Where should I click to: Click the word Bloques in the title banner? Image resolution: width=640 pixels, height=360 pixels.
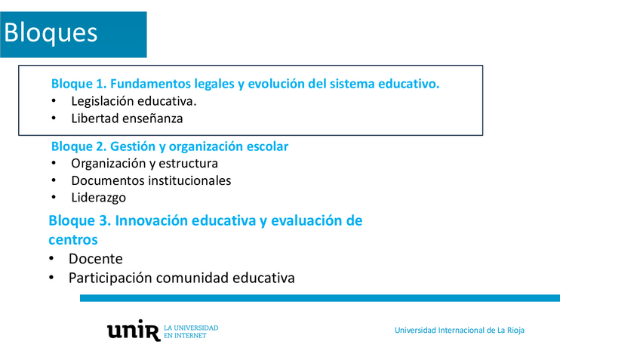pyautogui.click(x=51, y=32)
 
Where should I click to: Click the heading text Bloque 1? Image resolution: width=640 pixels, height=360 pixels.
pyautogui.click(x=78, y=84)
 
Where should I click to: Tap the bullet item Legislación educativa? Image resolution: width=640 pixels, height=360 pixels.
pyautogui.click(x=134, y=101)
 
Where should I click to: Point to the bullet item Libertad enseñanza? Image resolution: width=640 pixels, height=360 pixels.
pyautogui.click(x=127, y=118)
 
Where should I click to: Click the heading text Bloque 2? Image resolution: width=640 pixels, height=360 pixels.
pyautogui.click(x=78, y=146)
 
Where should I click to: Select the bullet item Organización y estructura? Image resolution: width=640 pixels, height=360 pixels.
pyautogui.click(x=144, y=163)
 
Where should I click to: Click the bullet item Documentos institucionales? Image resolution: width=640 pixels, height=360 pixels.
pyautogui.click(x=151, y=180)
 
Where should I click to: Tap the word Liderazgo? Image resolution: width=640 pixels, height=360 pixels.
pyautogui.click(x=98, y=198)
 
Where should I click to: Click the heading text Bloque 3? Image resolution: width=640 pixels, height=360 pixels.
pyautogui.click(x=80, y=220)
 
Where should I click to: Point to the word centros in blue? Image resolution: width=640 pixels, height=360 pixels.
pyautogui.click(x=73, y=239)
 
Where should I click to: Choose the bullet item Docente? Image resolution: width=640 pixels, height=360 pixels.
pyautogui.click(x=96, y=259)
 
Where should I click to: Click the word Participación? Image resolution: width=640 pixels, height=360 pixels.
pyautogui.click(x=110, y=278)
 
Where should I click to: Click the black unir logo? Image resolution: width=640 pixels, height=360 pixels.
pyautogui.click(x=134, y=331)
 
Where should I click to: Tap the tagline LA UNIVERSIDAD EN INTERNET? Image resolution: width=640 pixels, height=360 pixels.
pyautogui.click(x=191, y=332)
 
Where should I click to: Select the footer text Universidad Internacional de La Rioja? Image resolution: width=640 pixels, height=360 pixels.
pyautogui.click(x=460, y=331)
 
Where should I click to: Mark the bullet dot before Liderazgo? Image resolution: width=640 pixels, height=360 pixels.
pyautogui.click(x=54, y=197)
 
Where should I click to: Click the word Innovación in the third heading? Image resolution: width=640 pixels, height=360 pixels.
pyautogui.click(x=152, y=220)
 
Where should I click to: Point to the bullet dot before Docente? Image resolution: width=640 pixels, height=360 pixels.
pyautogui.click(x=51, y=258)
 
